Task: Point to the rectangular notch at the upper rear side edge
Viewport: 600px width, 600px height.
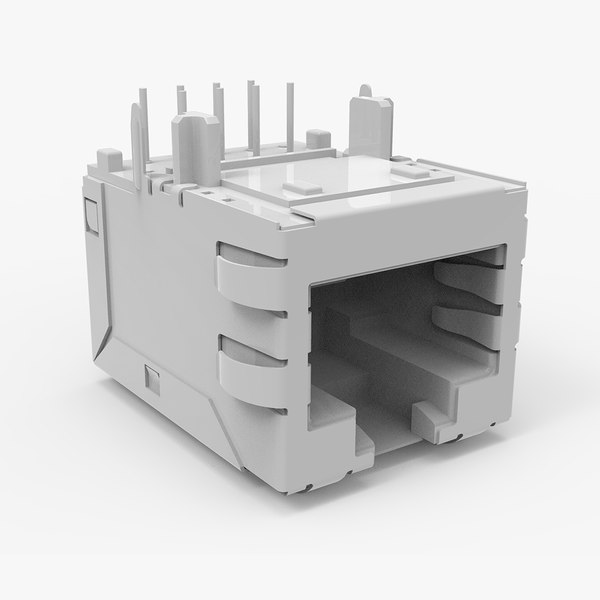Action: (89, 214)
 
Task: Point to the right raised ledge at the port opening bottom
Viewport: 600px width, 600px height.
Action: (440, 410)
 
